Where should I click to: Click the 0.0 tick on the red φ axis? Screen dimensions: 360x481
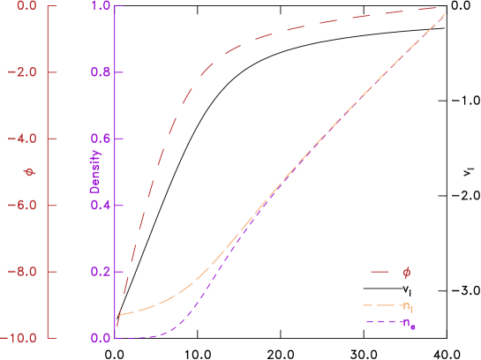point(25,6)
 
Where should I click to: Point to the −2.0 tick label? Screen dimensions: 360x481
point(21,72)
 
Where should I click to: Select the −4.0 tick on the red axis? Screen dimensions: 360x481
point(21,139)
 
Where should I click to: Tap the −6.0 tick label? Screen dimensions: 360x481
point(21,205)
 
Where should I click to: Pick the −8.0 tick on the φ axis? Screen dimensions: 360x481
point(21,272)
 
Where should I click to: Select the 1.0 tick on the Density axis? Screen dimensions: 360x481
point(101,6)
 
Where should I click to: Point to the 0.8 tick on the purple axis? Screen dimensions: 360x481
point(101,72)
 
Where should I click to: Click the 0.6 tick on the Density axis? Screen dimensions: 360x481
point(101,139)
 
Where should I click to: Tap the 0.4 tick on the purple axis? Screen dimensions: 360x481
point(101,205)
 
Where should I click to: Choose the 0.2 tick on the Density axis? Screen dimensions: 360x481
point(101,272)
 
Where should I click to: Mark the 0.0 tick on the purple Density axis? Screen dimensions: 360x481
point(101,338)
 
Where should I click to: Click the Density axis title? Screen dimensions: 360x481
point(96,172)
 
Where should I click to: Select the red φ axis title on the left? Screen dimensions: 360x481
point(28,172)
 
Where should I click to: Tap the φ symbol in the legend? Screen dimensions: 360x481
point(406,273)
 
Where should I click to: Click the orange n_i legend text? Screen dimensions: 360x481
point(407,306)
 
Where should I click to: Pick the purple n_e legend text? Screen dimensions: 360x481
point(408,324)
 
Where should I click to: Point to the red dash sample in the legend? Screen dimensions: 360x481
point(380,273)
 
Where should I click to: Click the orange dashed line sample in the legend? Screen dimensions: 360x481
point(380,305)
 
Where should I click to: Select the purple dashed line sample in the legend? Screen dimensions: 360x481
point(380,322)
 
